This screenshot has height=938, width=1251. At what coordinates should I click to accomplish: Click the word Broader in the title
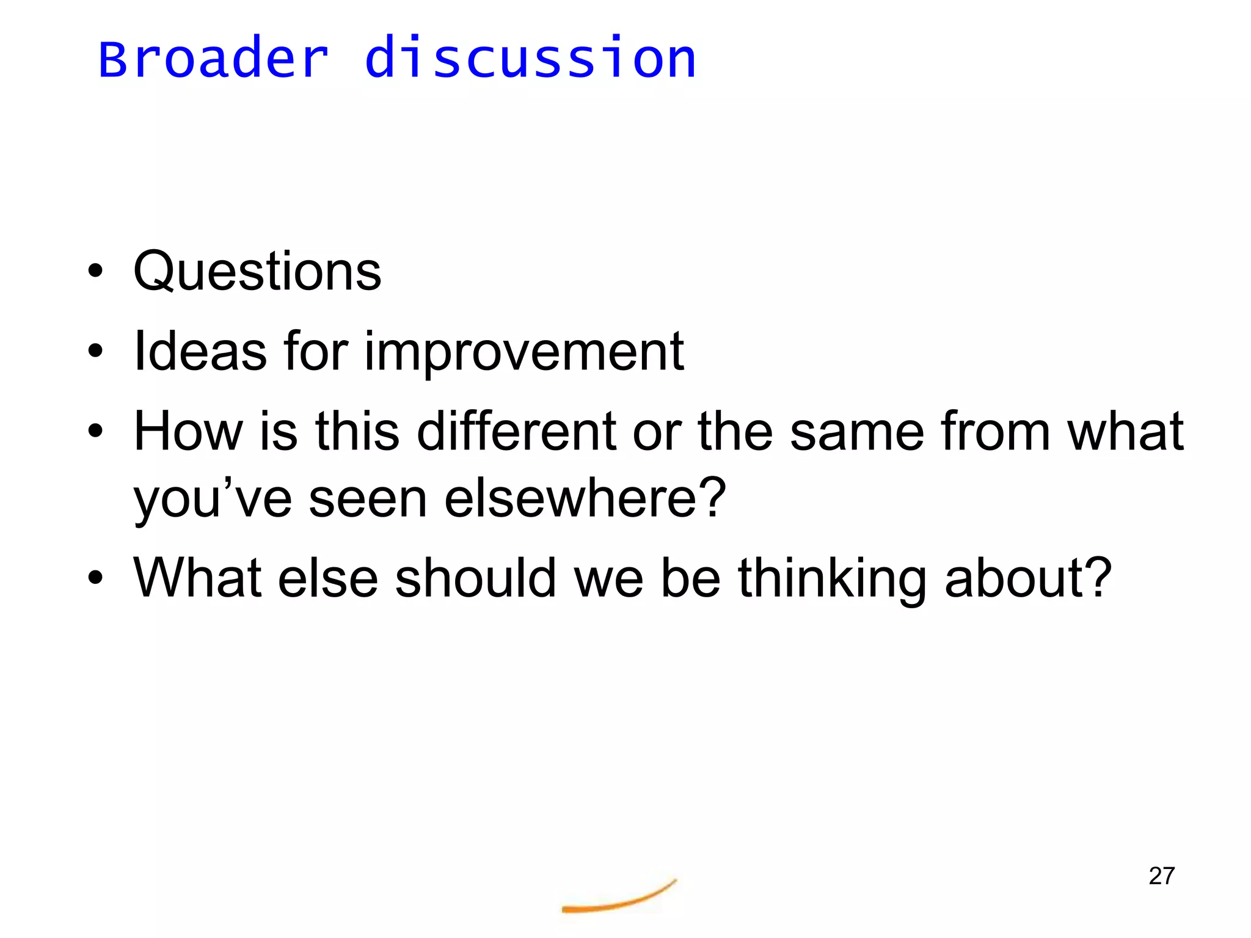coord(213,59)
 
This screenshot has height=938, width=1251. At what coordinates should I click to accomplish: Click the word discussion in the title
coord(530,59)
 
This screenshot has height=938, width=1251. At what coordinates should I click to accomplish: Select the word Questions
coord(257,272)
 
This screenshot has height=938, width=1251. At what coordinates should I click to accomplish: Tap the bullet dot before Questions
coord(95,271)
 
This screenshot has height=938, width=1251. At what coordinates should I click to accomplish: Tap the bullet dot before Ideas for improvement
coord(95,351)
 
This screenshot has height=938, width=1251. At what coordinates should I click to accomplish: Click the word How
coord(188,431)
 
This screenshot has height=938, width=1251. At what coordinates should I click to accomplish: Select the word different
coord(516,431)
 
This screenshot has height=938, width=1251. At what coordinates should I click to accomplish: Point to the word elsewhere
coord(585,498)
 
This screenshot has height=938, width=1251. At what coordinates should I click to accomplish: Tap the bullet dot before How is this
coord(95,431)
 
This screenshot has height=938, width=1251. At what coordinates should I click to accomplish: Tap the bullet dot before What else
coord(95,577)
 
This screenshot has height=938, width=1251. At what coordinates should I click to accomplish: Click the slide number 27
coord(1161,876)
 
